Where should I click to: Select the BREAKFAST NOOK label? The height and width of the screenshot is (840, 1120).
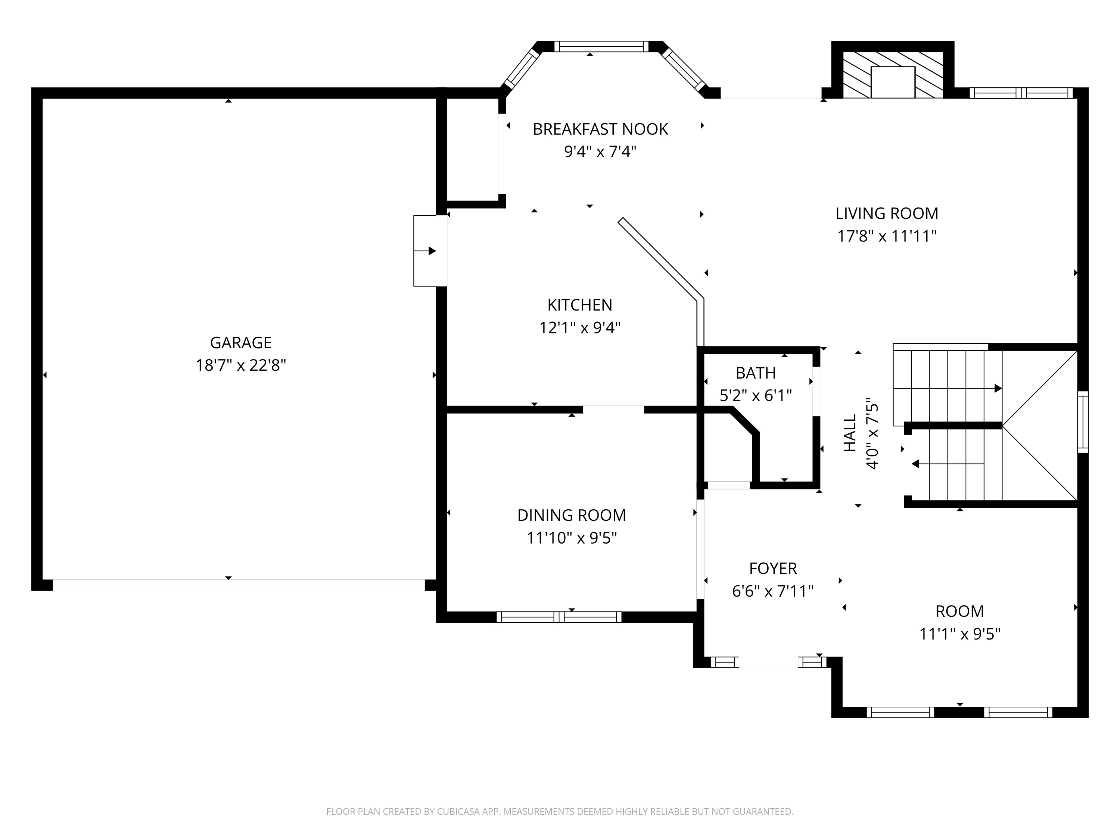tap(600, 129)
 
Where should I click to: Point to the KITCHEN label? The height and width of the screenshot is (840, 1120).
tap(579, 305)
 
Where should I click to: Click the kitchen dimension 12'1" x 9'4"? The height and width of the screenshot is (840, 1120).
tap(579, 327)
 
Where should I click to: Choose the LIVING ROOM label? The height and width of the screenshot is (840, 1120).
tap(887, 213)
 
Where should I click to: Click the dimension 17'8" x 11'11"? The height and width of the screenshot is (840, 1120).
tap(887, 236)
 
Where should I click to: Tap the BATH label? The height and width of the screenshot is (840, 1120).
tap(756, 373)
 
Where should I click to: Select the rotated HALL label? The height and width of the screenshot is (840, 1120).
tap(850, 433)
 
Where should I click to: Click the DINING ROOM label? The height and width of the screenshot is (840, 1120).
tap(571, 515)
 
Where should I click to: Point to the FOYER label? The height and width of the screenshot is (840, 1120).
tap(773, 568)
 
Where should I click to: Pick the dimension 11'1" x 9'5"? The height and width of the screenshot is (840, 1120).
tap(959, 634)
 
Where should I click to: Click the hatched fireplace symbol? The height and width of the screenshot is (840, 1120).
tap(892, 74)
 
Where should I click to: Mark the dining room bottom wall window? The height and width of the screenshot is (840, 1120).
tap(559, 617)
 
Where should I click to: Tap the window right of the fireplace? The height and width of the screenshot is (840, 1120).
tap(1021, 93)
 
